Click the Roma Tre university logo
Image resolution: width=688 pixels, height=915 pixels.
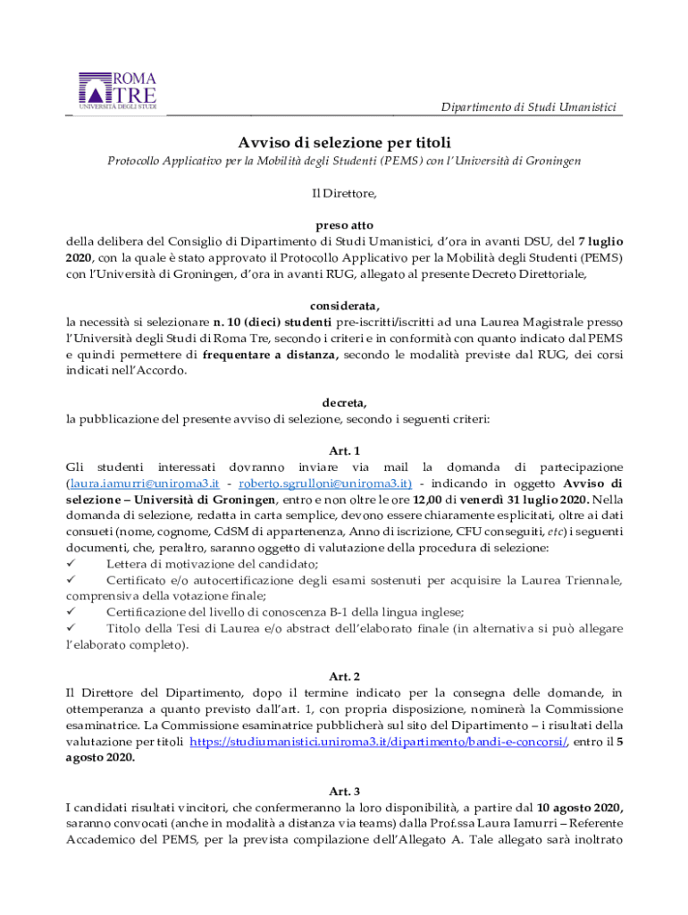[117, 91]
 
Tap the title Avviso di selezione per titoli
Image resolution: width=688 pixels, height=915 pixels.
[344, 142]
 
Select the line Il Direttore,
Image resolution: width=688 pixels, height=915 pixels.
[344, 192]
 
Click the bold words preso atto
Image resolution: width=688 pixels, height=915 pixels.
[344, 225]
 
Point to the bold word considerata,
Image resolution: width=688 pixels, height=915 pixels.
[344, 303]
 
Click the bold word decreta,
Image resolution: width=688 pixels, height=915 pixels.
[344, 402]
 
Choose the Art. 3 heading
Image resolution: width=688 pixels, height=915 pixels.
[344, 791]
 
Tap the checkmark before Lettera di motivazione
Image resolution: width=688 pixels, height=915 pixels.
[72, 564]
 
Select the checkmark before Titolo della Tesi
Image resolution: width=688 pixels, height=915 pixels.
[72, 628]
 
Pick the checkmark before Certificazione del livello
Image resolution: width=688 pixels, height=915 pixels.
[72, 612]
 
